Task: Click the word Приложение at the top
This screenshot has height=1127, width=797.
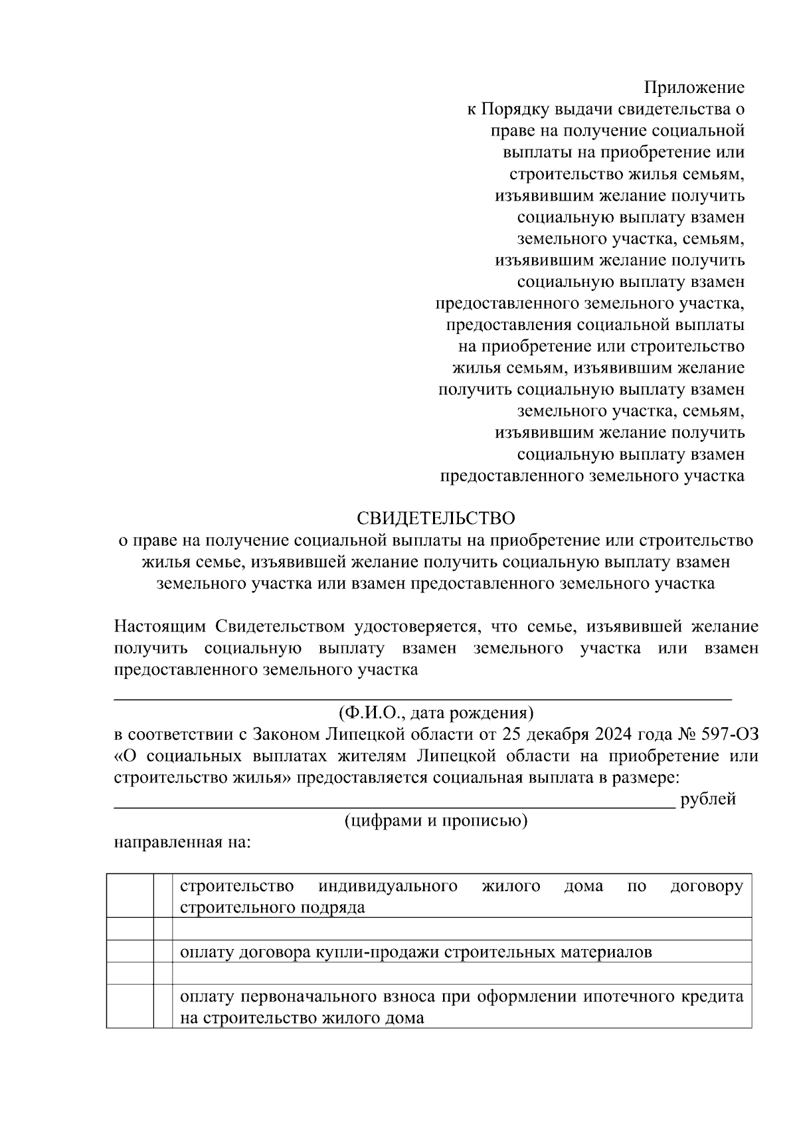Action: (x=694, y=88)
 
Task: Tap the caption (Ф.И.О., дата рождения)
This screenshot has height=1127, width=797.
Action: (x=436, y=713)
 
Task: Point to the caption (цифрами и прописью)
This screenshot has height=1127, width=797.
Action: (x=436, y=821)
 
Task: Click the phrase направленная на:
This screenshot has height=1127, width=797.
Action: (x=183, y=843)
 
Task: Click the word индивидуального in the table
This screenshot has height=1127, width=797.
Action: (x=388, y=887)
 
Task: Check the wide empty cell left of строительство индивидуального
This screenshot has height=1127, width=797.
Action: (x=130, y=897)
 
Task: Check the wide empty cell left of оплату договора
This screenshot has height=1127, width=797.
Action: (x=130, y=952)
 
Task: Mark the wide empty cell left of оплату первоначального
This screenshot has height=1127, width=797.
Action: (x=130, y=1007)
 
